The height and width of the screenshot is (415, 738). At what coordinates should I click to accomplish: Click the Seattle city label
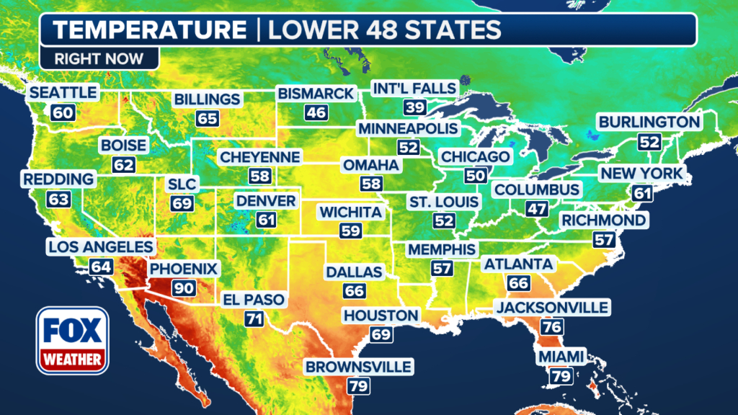point(63,93)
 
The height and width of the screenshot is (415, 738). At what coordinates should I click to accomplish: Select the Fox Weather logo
point(72,340)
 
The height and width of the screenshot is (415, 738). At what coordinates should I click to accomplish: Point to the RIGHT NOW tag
point(98,58)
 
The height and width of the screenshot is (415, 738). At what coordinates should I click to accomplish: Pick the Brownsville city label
point(359,367)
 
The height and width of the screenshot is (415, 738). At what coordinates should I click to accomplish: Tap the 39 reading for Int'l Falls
point(414,107)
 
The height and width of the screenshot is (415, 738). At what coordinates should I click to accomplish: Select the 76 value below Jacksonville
point(552,326)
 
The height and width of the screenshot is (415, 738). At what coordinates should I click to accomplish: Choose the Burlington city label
point(649,122)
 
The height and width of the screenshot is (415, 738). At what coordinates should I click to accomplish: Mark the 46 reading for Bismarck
point(316,112)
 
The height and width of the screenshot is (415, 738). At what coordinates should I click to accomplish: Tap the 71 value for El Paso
point(254,318)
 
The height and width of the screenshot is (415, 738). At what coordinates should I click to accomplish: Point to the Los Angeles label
point(101,248)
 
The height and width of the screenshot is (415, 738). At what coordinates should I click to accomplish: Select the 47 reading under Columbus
point(538,209)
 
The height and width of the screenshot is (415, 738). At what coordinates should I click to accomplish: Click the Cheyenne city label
point(259,157)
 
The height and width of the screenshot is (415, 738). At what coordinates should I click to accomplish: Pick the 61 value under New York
point(641,192)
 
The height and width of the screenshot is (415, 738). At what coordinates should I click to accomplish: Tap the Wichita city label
point(350,212)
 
